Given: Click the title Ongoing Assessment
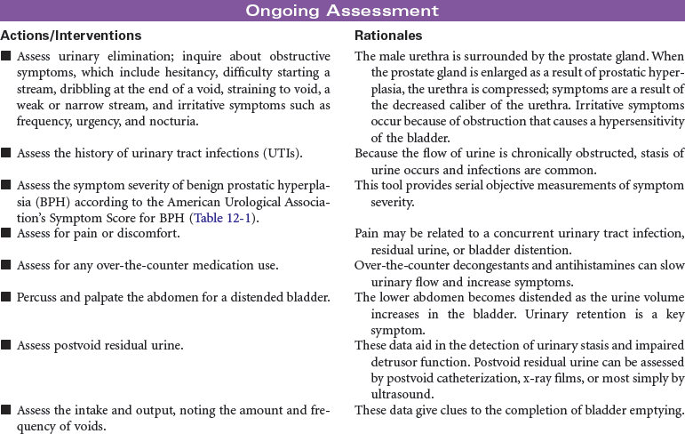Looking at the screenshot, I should [342, 12].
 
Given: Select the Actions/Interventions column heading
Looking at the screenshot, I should [71, 36].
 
